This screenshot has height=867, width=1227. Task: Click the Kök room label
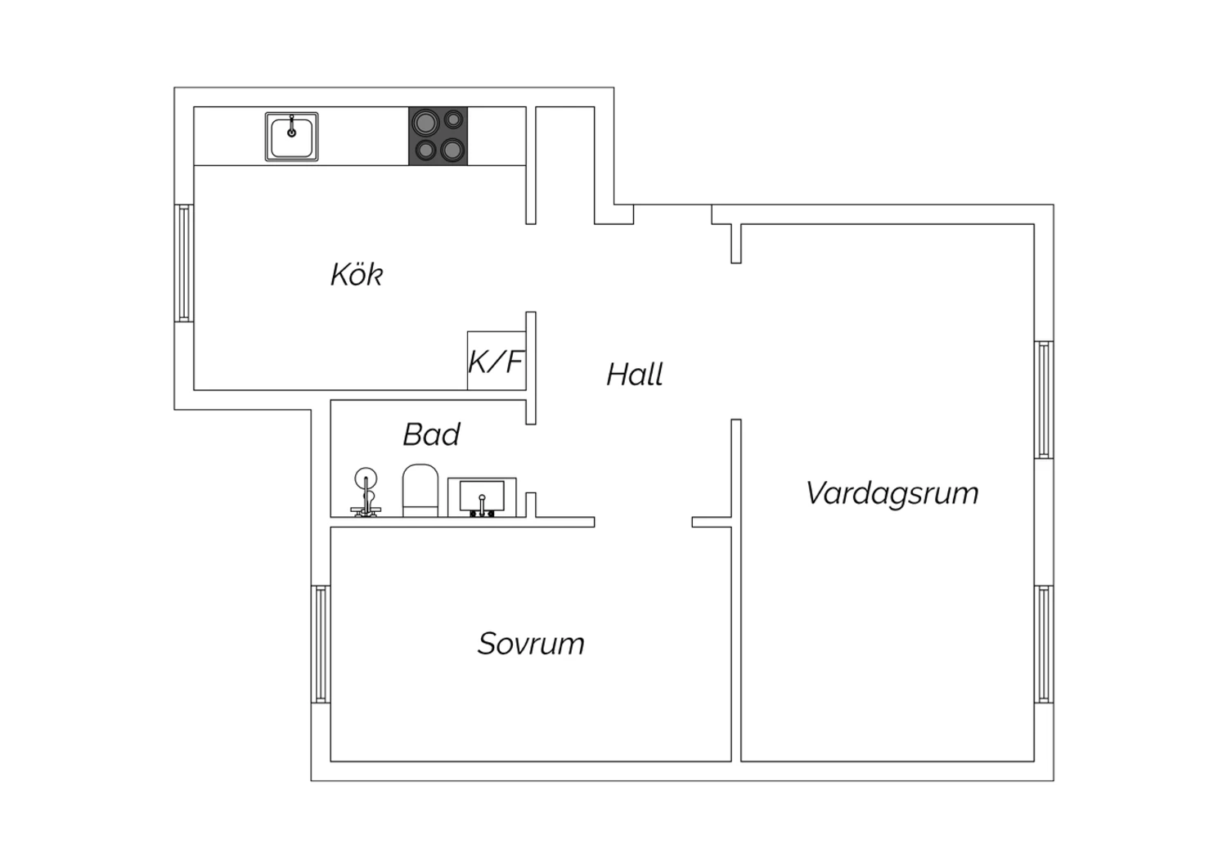(357, 274)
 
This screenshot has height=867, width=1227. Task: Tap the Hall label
(635, 374)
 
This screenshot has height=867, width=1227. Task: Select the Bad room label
(432, 434)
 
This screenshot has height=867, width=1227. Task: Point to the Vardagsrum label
(892, 493)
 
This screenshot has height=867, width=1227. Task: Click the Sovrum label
(531, 644)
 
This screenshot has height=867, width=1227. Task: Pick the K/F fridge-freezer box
(497, 361)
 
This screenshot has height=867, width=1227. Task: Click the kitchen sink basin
(292, 137)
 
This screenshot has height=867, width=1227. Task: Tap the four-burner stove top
(438, 136)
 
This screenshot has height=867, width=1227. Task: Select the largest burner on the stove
(426, 122)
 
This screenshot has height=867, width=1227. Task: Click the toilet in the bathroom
(420, 490)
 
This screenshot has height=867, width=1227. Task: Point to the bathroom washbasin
(482, 497)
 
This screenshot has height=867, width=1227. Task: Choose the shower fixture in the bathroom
(366, 492)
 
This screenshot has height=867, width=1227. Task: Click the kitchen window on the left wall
(184, 263)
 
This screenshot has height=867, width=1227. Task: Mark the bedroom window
(321, 644)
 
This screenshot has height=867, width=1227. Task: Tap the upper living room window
(1044, 399)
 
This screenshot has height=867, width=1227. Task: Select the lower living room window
(1044, 644)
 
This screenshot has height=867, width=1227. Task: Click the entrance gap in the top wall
(672, 214)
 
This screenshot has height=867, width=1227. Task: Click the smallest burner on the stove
(453, 119)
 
